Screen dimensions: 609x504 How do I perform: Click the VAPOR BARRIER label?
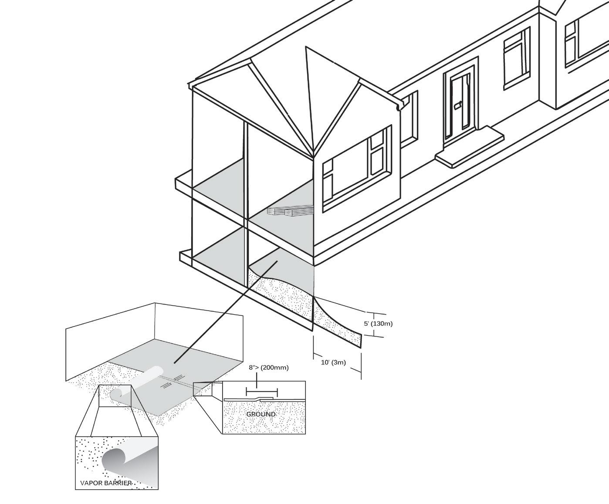click(x=106, y=483)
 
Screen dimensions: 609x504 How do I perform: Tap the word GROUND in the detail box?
click(x=261, y=414)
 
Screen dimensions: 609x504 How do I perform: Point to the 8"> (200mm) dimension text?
click(x=269, y=368)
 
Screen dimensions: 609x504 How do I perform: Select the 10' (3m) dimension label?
click(x=333, y=362)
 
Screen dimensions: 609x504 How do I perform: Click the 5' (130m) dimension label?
click(x=378, y=324)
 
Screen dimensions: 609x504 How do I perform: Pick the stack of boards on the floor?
click(x=290, y=211)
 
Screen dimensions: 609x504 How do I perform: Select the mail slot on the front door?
click(x=458, y=105)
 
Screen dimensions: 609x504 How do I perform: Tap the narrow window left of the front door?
click(x=409, y=118)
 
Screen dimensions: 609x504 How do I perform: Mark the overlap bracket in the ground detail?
click(x=261, y=390)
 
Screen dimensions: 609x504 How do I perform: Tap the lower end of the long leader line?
click(x=175, y=362)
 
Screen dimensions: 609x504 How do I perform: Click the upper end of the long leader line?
click(x=277, y=261)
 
